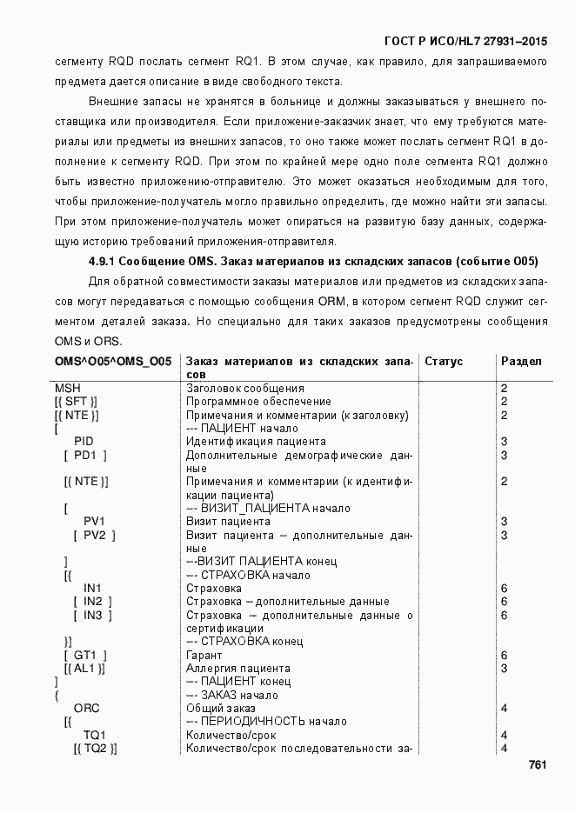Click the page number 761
pos(537,765)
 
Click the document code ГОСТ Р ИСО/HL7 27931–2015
pos(465,42)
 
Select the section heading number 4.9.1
pos(102,261)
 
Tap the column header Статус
pos(444,361)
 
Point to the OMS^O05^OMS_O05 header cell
pos(112,361)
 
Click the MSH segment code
pos(68,388)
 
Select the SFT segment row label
pos(77,402)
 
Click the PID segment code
pos(84,442)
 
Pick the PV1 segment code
pos(95,522)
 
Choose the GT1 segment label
pos(84,655)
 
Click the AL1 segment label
pos(84,669)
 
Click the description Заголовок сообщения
pos(245,388)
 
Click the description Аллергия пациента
pos(238,669)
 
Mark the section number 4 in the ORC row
pos(505,709)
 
